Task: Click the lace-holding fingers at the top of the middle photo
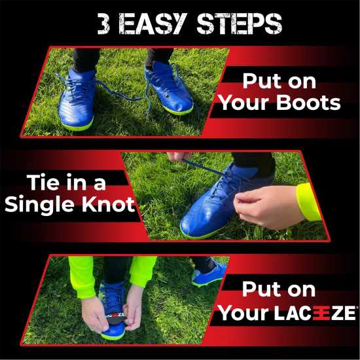point(180,157)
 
